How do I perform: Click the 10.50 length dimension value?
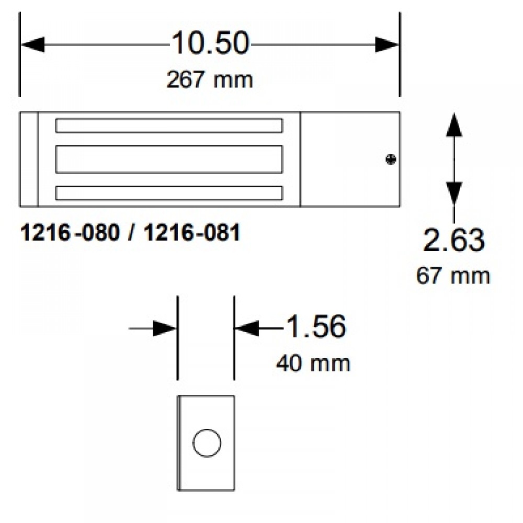pos(209,44)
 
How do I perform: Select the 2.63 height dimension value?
pos(453,241)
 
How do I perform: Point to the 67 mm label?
pos(453,276)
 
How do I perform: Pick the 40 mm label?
pos(313,363)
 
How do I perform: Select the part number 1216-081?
pos(191,233)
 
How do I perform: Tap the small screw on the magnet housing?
pos(390,160)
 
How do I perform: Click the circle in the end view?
pos(207,443)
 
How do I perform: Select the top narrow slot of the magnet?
pos(169,126)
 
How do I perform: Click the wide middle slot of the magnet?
pos(169,159)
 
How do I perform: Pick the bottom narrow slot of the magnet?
pos(169,192)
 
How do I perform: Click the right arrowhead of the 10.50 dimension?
pos(388,45)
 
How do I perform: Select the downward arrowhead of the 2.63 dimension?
pos(453,192)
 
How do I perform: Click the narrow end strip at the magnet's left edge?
pos(29,159)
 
